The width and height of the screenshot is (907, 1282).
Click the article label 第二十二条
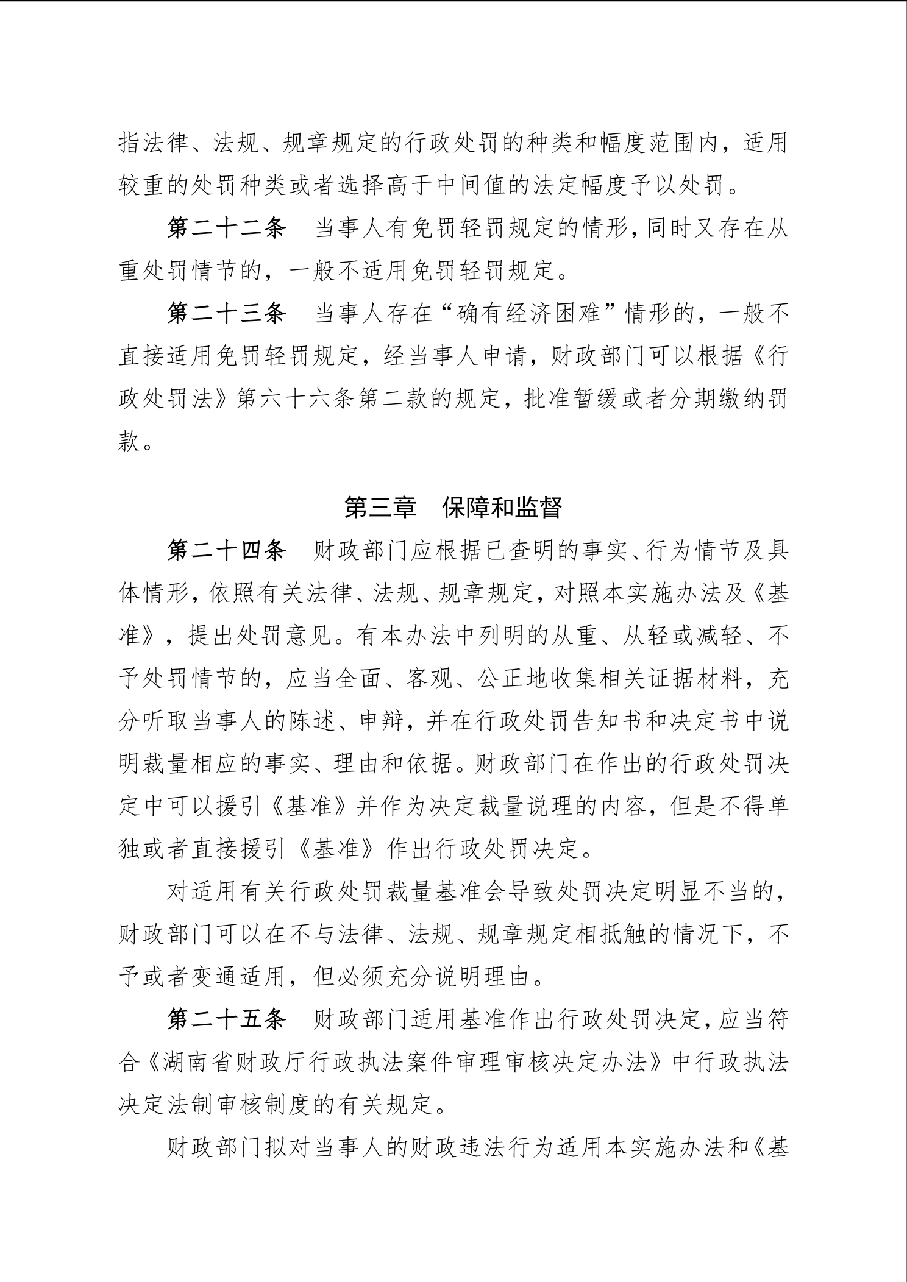click(x=227, y=229)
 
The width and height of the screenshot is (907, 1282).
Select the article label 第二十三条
click(x=227, y=314)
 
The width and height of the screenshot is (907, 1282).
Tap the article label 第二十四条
click(x=227, y=551)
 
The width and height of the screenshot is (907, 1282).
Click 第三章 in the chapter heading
click(x=380, y=508)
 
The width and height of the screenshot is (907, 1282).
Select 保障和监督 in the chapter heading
click(x=502, y=508)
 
